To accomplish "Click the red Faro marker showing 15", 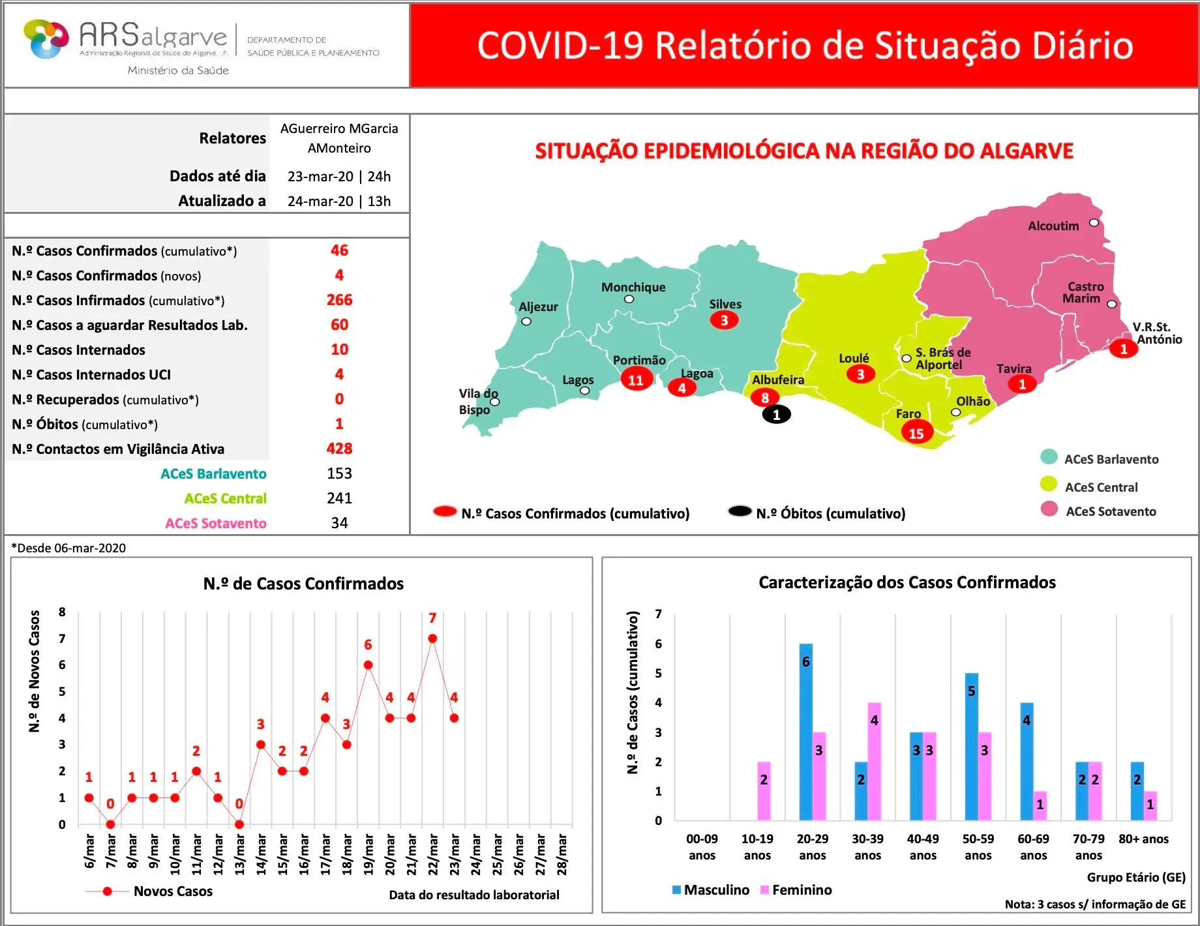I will (916, 433).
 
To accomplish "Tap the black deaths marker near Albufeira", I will (776, 414).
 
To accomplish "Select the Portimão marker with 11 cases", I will (635, 380).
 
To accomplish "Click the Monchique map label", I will (633, 287).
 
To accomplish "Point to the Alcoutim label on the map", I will (1053, 226).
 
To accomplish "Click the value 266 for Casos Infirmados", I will (339, 300).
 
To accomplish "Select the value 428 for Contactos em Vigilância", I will (339, 449).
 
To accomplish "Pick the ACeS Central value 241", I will (339, 498).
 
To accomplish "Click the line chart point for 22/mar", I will (432, 638).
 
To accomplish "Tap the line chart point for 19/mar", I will (368, 665).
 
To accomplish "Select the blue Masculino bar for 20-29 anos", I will (806, 730).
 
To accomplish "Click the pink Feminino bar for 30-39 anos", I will (874, 760).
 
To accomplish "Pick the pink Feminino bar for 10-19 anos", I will (764, 790).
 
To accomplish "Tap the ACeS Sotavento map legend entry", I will (1110, 511).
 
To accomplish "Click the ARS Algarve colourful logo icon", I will (46, 39).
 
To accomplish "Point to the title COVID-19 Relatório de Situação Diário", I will (805, 45).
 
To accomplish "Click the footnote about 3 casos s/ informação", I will (1095, 904).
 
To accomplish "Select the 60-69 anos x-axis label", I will (1033, 846).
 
